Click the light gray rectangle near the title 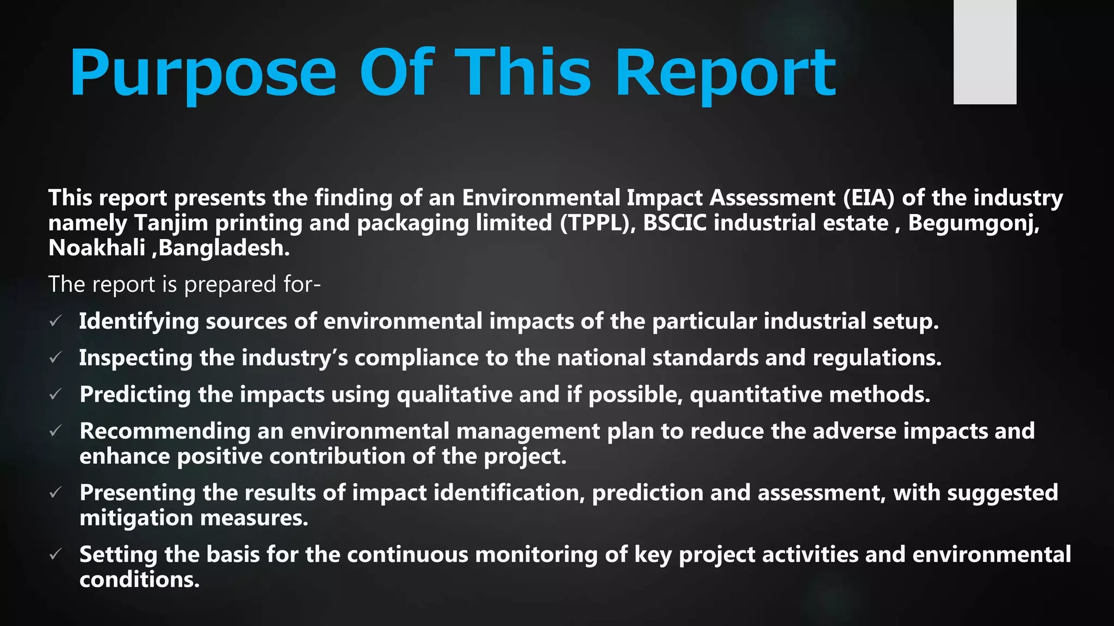985,52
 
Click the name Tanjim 171,223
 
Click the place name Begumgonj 973,223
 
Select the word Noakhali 96,248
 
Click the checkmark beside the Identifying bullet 55,322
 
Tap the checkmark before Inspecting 55,358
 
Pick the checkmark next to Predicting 55,395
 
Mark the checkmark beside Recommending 55,431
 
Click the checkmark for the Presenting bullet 55,493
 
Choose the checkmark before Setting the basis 55,555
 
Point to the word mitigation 136,518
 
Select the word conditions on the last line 139,580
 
